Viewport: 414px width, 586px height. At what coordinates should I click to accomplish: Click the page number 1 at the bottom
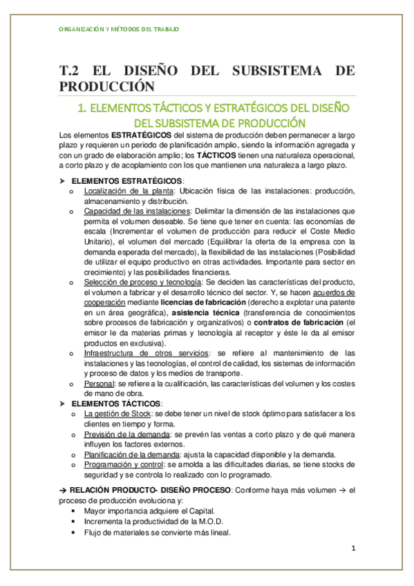pyautogui.click(x=352, y=549)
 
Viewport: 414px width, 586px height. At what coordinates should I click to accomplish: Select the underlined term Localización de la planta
pyautogui.click(x=118, y=191)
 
